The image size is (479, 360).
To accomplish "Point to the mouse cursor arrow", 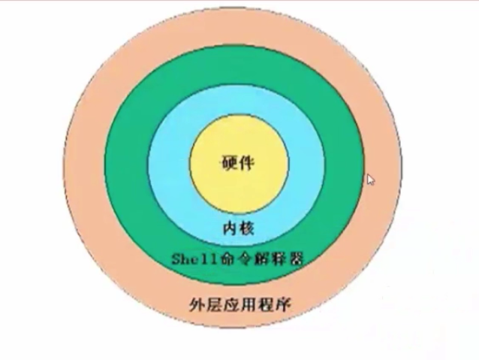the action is pos(369,180).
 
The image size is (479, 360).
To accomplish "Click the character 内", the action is pos(229,227).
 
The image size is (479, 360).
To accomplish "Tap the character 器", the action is pos(295,259).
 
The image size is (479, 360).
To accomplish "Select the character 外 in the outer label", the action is pos(194,304).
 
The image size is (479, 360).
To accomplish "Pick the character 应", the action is pos(229,304).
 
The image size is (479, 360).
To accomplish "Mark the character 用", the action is pos(247,304).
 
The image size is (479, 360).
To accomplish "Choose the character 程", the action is pos(265,304).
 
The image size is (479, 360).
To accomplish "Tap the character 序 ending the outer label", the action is pos(283,304).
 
